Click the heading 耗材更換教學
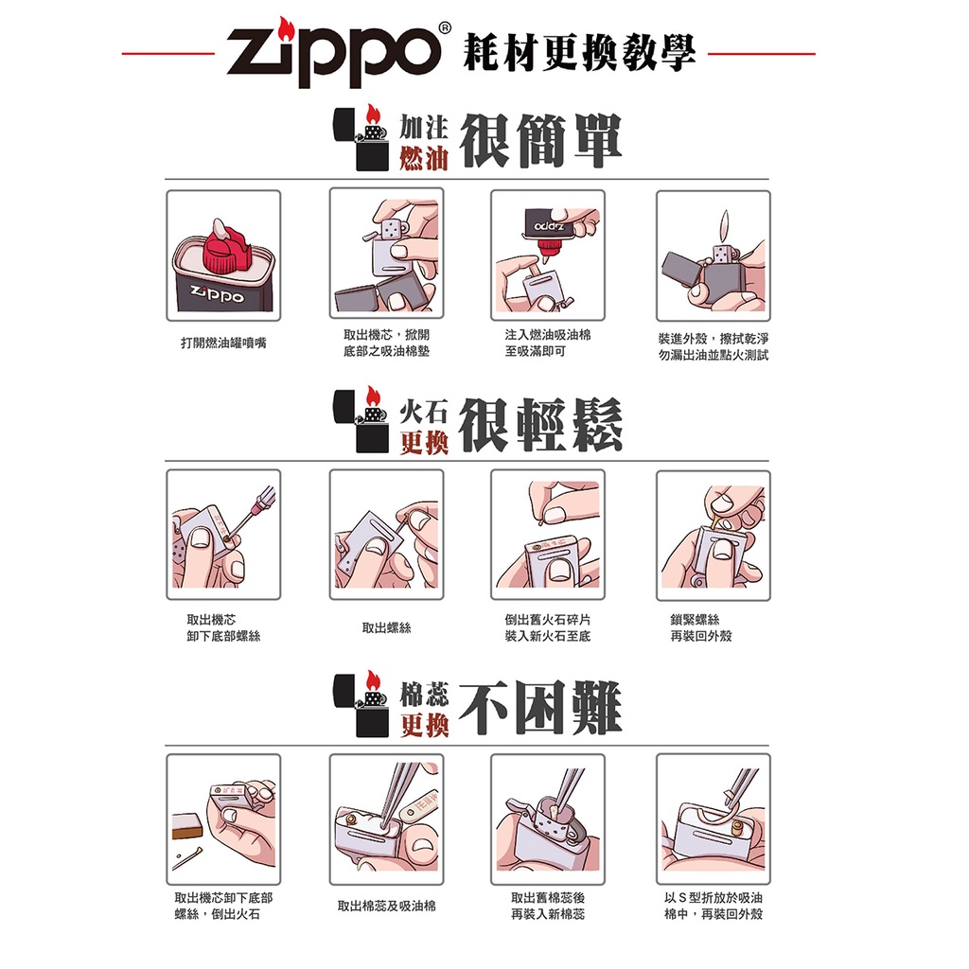click(580, 53)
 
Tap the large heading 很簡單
click(540, 141)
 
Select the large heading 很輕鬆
click(540, 425)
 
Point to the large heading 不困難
click(540, 708)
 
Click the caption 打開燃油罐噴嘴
click(223, 343)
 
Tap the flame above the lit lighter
click(726, 226)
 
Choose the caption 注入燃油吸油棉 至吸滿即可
click(548, 343)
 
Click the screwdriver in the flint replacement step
click(254, 512)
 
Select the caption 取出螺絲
click(386, 628)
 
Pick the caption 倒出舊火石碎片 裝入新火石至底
click(548, 628)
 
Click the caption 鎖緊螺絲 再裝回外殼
click(701, 628)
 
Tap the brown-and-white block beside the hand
click(186, 826)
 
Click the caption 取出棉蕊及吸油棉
click(386, 906)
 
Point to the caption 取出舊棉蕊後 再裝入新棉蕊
click(548, 906)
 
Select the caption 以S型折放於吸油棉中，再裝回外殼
click(714, 906)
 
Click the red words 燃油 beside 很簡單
click(423, 158)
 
